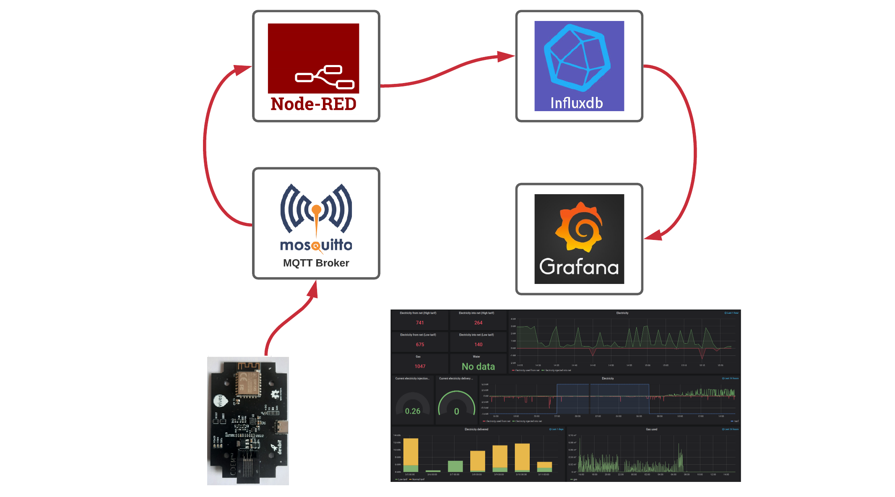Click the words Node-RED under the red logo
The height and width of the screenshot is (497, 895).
pos(313,104)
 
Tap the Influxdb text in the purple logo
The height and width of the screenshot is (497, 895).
pos(576,103)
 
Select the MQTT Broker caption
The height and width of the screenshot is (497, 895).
pos(316,263)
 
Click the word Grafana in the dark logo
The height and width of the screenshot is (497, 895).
pos(579,267)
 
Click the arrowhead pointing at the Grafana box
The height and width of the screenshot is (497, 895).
pos(653,235)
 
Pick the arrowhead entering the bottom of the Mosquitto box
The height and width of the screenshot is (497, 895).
pos(313,290)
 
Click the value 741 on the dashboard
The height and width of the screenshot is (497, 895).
pos(420,323)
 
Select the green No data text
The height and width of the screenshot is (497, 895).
pos(478,367)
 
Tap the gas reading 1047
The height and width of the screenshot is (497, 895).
pos(420,366)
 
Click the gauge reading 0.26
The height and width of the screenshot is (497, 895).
pos(413,411)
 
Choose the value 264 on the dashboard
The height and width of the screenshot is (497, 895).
pos(478,323)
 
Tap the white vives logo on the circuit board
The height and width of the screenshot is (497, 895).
pos(220,401)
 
